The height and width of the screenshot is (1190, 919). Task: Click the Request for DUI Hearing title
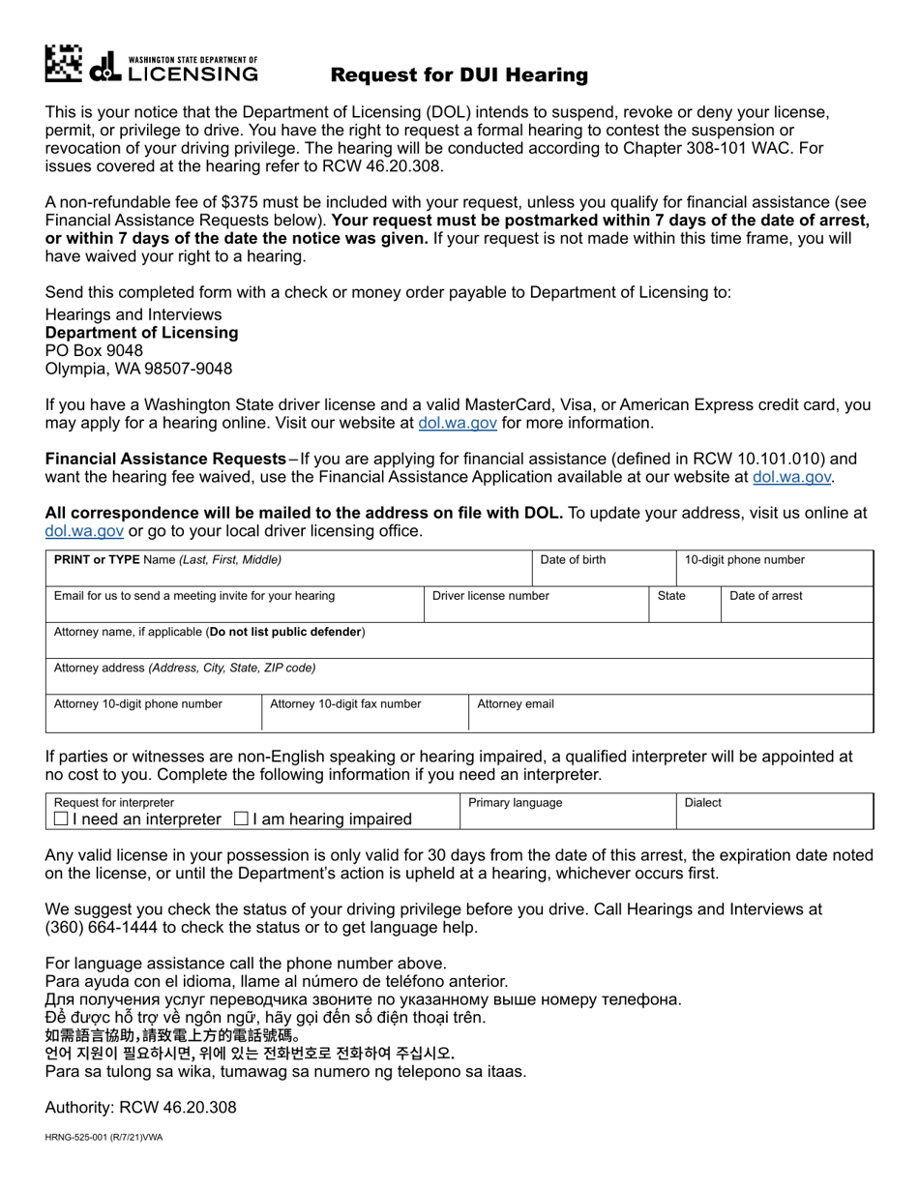(459, 74)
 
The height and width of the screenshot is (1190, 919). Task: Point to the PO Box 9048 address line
(94, 350)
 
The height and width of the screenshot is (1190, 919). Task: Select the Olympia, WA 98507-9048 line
(138, 369)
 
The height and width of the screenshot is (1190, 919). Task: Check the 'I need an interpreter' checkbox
(62, 819)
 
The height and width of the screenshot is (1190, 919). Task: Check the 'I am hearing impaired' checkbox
(242, 819)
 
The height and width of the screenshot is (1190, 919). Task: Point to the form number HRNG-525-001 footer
(104, 1138)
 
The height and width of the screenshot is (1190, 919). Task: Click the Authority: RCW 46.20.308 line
(140, 1108)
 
